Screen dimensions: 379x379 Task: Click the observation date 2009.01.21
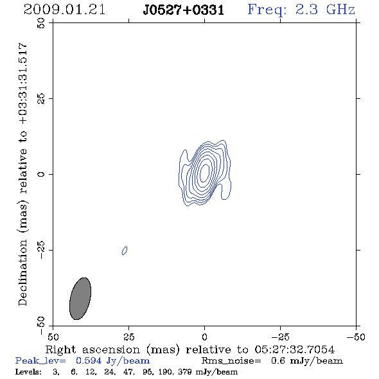point(64,10)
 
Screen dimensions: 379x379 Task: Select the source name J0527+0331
point(184,10)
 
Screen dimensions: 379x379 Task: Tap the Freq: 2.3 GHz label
point(301,10)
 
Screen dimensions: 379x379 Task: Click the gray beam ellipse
point(80,299)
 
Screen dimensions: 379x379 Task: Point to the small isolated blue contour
point(125,251)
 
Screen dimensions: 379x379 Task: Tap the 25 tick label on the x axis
point(128,337)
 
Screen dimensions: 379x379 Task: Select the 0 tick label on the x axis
point(204,337)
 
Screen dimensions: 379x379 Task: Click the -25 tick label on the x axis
point(280,337)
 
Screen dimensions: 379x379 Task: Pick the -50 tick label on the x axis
point(356,337)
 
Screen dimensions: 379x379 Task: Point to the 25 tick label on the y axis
point(41,98)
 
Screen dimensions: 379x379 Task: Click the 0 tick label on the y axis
point(41,174)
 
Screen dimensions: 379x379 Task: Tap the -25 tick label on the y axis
point(41,250)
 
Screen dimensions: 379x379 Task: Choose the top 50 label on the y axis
point(41,23)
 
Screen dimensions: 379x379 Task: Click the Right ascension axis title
point(189,349)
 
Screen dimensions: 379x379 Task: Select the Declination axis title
point(22,174)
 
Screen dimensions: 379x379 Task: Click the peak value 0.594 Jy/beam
point(112,361)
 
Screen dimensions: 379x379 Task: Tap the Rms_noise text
point(231,361)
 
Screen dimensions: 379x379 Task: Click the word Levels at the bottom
point(28,371)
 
